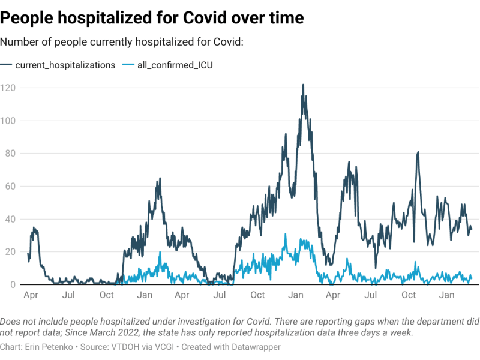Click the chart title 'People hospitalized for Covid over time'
point(152,19)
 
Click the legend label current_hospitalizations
point(65,65)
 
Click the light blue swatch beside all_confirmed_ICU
point(127,65)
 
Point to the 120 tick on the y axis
point(8,88)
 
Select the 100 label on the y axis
point(8,121)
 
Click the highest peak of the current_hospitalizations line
point(303,85)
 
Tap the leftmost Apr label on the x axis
point(31,295)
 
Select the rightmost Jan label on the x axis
point(446,295)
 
